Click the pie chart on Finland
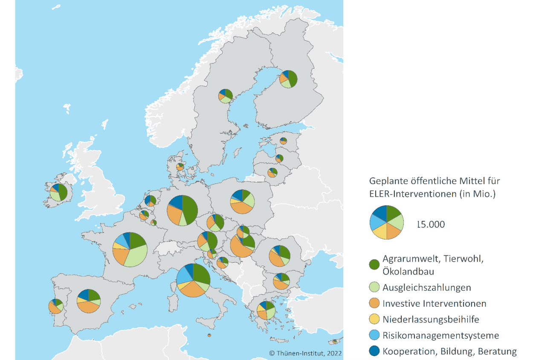tap(289, 79)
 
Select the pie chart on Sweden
tap(225, 96)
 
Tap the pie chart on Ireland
tap(58, 192)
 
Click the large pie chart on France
tap(130, 250)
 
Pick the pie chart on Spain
tap(89, 301)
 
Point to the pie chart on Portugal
tap(56, 306)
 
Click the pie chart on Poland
tap(242, 202)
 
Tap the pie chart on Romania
tap(280, 255)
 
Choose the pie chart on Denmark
tap(180, 166)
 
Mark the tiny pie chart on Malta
tap(209, 335)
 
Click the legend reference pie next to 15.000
tap(386, 222)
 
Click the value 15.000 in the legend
tap(430, 224)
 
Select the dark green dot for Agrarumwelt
tap(374, 264)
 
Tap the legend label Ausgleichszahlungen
tap(426, 287)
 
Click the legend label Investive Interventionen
tap(434, 304)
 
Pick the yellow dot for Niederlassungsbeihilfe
tap(374, 319)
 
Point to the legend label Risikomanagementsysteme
tap(440, 336)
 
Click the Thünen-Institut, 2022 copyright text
tap(306, 353)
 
